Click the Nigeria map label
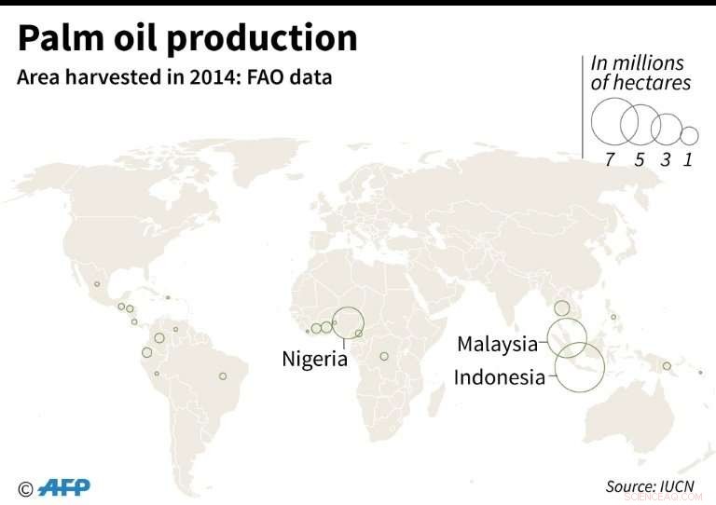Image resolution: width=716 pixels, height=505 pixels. pyautogui.click(x=314, y=359)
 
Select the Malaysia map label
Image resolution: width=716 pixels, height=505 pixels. pyautogui.click(x=497, y=344)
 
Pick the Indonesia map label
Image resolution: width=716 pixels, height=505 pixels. pyautogui.click(x=499, y=377)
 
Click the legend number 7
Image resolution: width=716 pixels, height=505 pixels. pyautogui.click(x=610, y=159)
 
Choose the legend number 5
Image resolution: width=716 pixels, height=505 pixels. pyautogui.click(x=640, y=159)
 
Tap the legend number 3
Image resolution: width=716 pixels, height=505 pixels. pyautogui.click(x=666, y=159)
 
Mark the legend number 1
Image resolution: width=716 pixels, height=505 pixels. pyautogui.click(x=688, y=159)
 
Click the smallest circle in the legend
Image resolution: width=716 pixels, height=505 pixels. pyautogui.click(x=689, y=135)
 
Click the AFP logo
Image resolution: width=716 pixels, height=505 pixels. pyautogui.click(x=64, y=488)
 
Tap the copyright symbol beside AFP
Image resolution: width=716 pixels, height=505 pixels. pyautogui.click(x=25, y=489)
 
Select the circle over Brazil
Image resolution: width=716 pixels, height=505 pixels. pyautogui.click(x=223, y=375)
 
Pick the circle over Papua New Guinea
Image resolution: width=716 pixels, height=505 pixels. pyautogui.click(x=667, y=365)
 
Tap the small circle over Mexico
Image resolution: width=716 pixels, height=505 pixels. pyautogui.click(x=97, y=283)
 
